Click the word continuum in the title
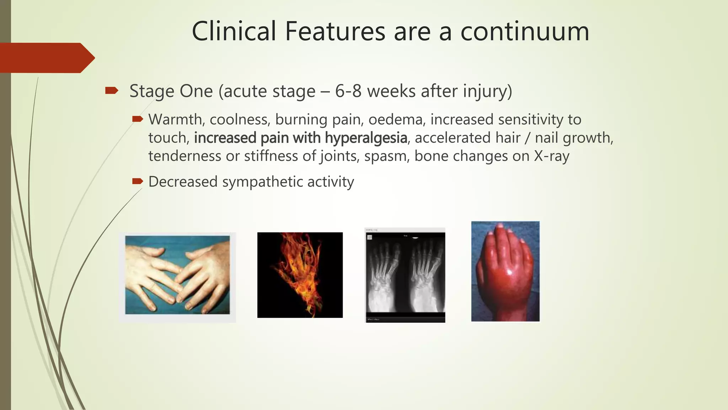point(525,31)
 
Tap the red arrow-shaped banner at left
point(46,58)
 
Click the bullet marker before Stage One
point(112,91)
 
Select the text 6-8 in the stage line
point(348,91)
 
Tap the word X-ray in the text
point(552,156)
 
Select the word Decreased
point(183,182)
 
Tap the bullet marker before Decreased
point(137,182)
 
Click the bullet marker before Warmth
point(137,119)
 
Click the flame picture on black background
point(300,275)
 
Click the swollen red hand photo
point(505,271)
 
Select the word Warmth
point(175,119)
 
